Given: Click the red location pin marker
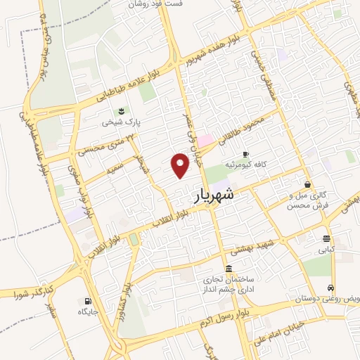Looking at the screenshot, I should coord(181,165).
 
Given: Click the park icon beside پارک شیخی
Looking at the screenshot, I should coord(121,111).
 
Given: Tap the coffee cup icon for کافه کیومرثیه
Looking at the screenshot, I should coord(245,154).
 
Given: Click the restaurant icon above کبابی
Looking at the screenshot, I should coord(326,238).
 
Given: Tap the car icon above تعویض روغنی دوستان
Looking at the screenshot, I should coord(330,288).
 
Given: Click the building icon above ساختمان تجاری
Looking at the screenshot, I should coord(229,269).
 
